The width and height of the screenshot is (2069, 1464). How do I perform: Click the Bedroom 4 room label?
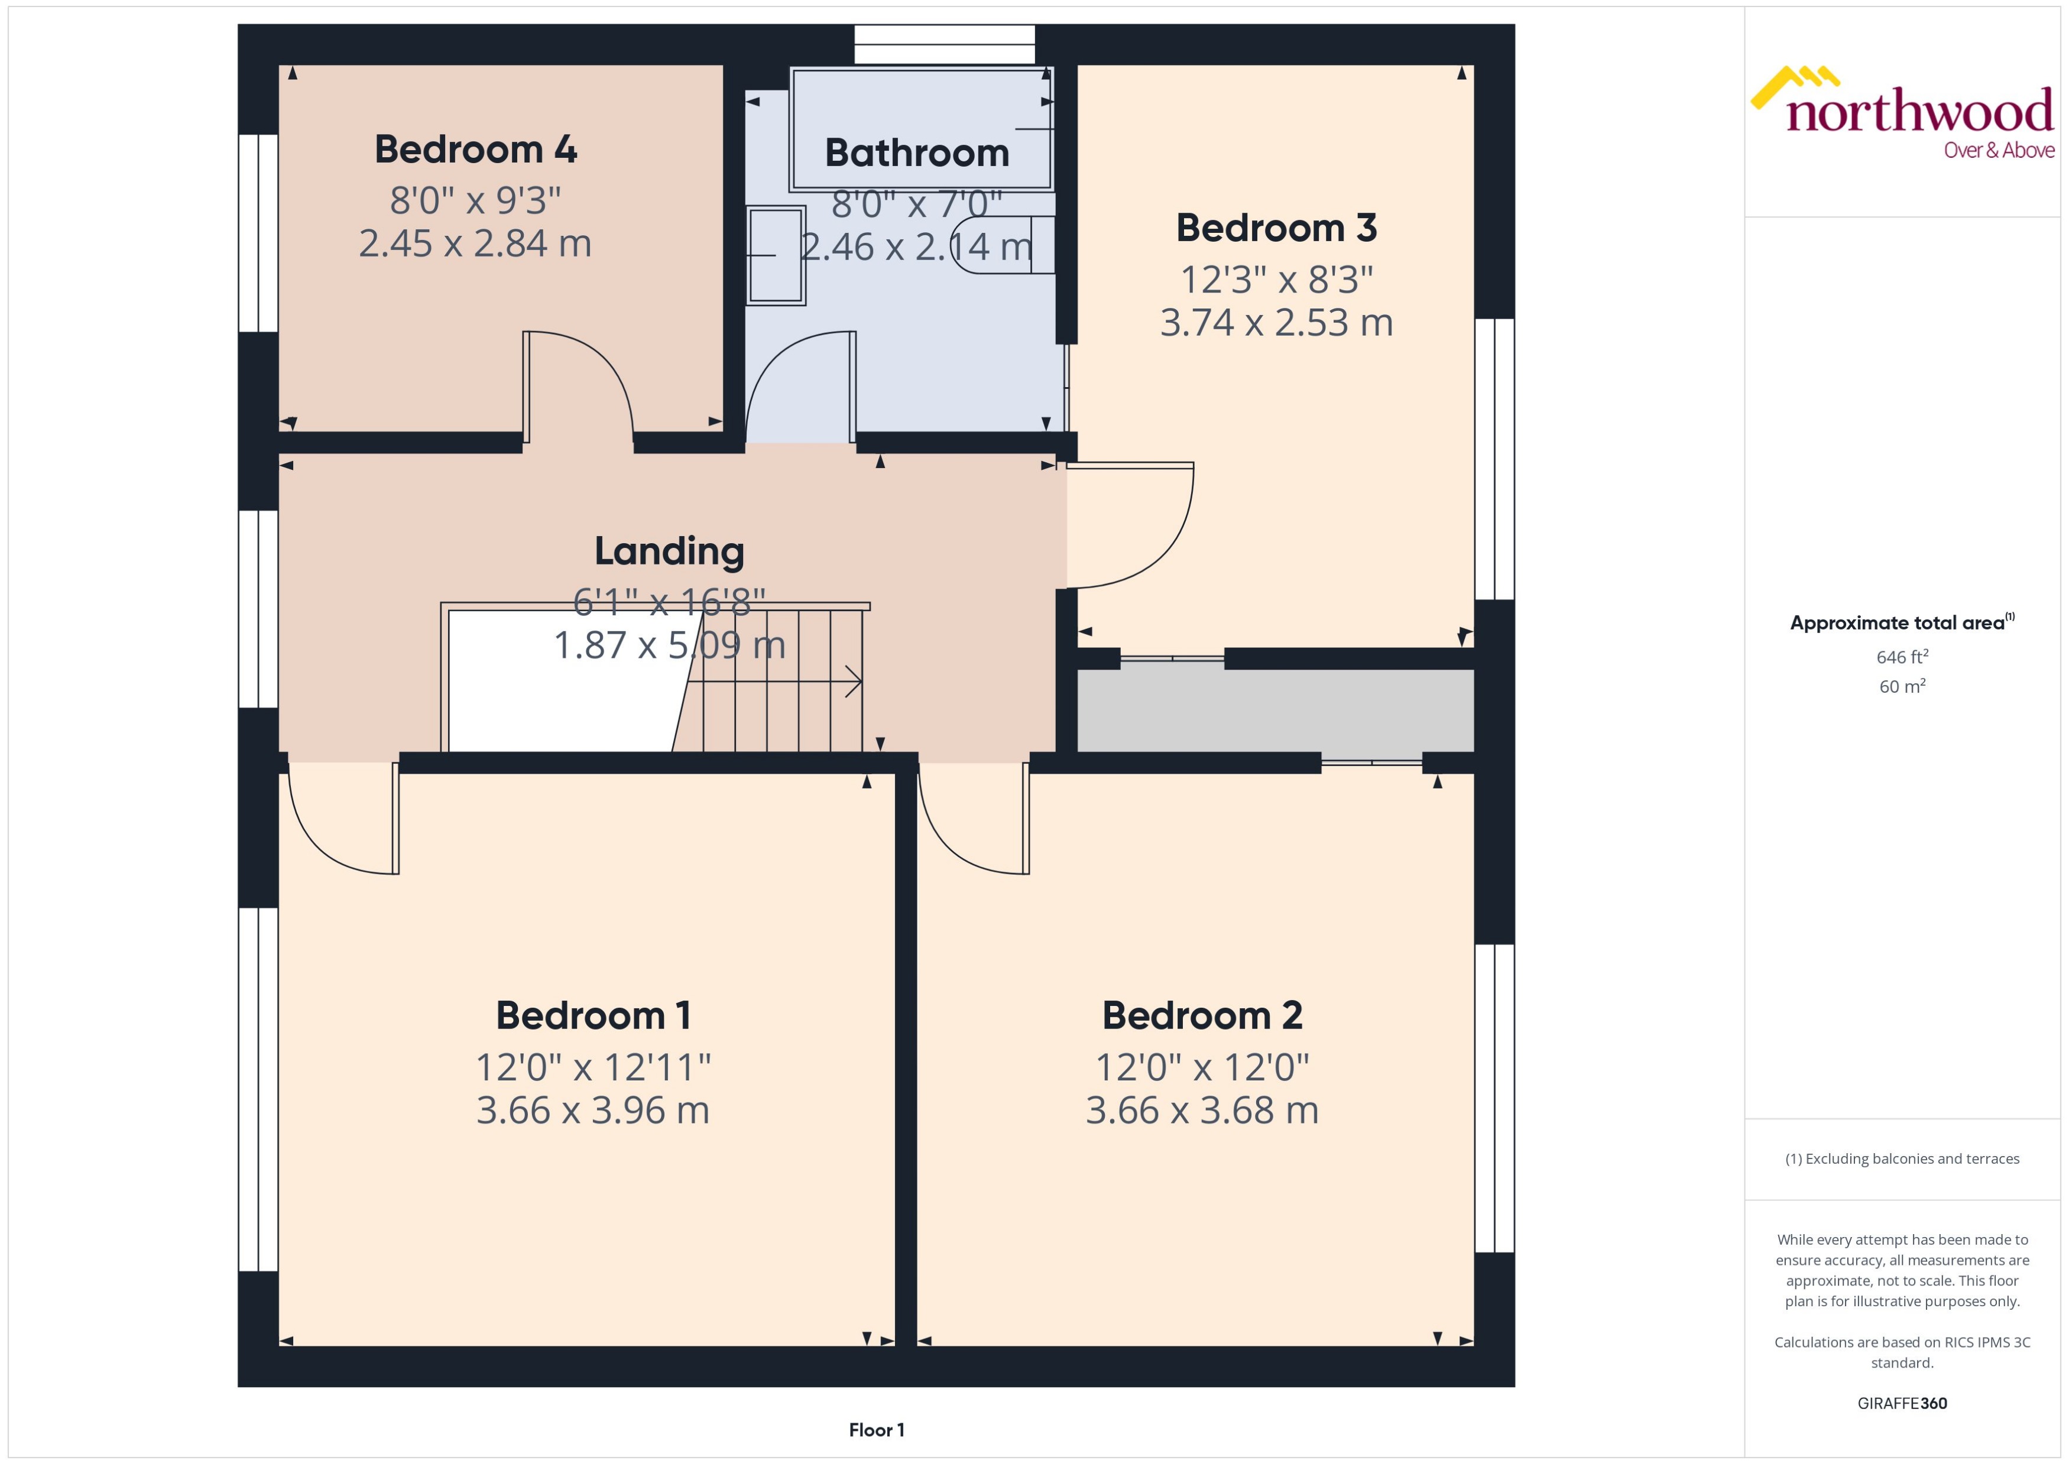[475, 150]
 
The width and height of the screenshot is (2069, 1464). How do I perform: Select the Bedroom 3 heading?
[1276, 228]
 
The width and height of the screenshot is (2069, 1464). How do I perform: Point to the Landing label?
[669, 551]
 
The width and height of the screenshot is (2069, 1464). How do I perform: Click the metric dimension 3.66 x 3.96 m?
[592, 1110]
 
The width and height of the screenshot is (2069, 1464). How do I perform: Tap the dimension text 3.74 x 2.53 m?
[1276, 323]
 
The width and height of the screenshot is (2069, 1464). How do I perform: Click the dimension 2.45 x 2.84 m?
[475, 244]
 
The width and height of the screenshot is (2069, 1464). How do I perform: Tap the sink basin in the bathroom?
[776, 256]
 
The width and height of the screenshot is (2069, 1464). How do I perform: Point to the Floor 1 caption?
[875, 1430]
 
